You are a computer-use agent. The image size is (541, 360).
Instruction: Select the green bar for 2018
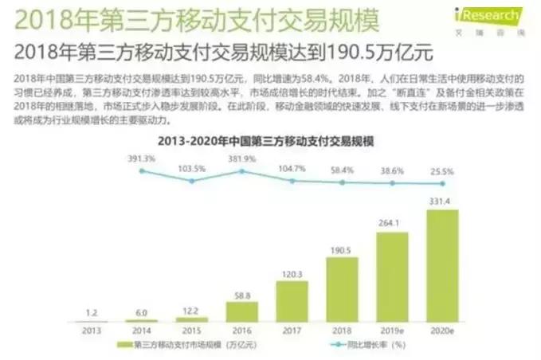tap(342, 289)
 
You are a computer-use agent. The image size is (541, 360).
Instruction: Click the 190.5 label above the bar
tap(342, 249)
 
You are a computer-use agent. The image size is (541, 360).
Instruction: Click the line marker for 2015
tap(191, 181)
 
